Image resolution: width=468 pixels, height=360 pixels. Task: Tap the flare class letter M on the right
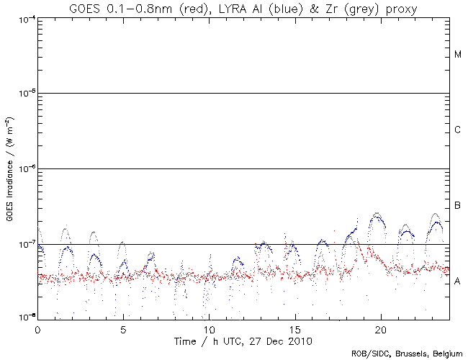click(458, 55)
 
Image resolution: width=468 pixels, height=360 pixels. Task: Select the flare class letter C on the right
click(458, 130)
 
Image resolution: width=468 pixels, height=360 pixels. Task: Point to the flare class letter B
click(458, 207)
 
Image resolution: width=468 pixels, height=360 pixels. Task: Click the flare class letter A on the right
click(458, 282)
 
